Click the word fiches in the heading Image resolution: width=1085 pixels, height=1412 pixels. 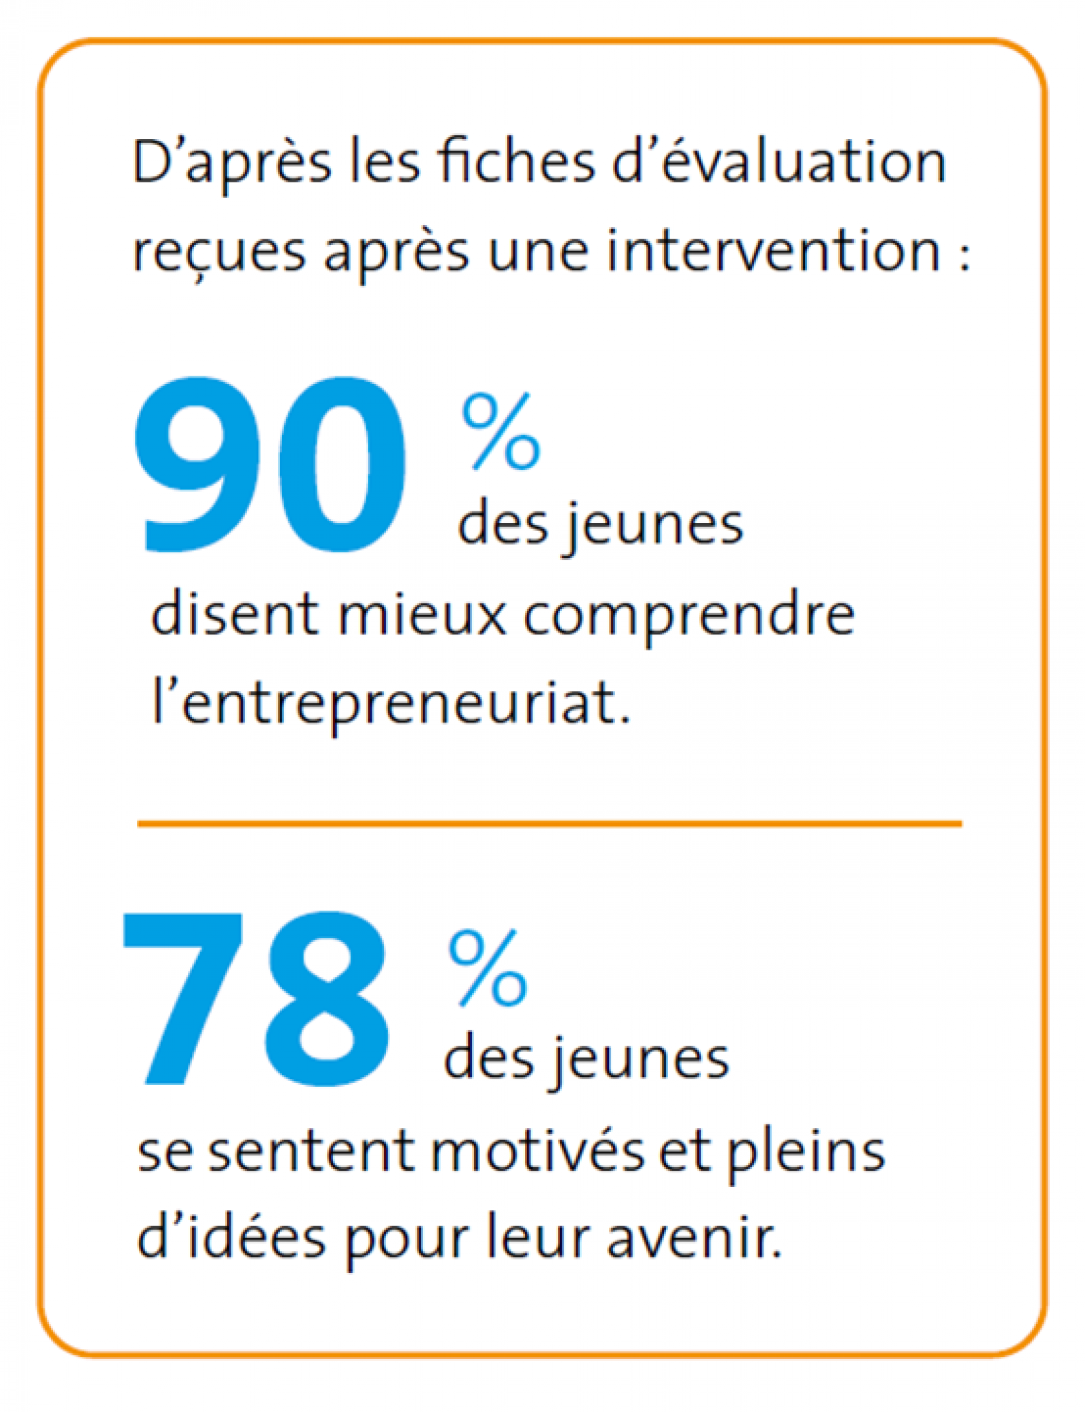tap(516, 163)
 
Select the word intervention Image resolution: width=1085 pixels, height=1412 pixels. tap(773, 251)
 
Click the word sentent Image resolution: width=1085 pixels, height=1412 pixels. tap(311, 1153)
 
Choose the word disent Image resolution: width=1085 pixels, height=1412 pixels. tap(235, 614)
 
